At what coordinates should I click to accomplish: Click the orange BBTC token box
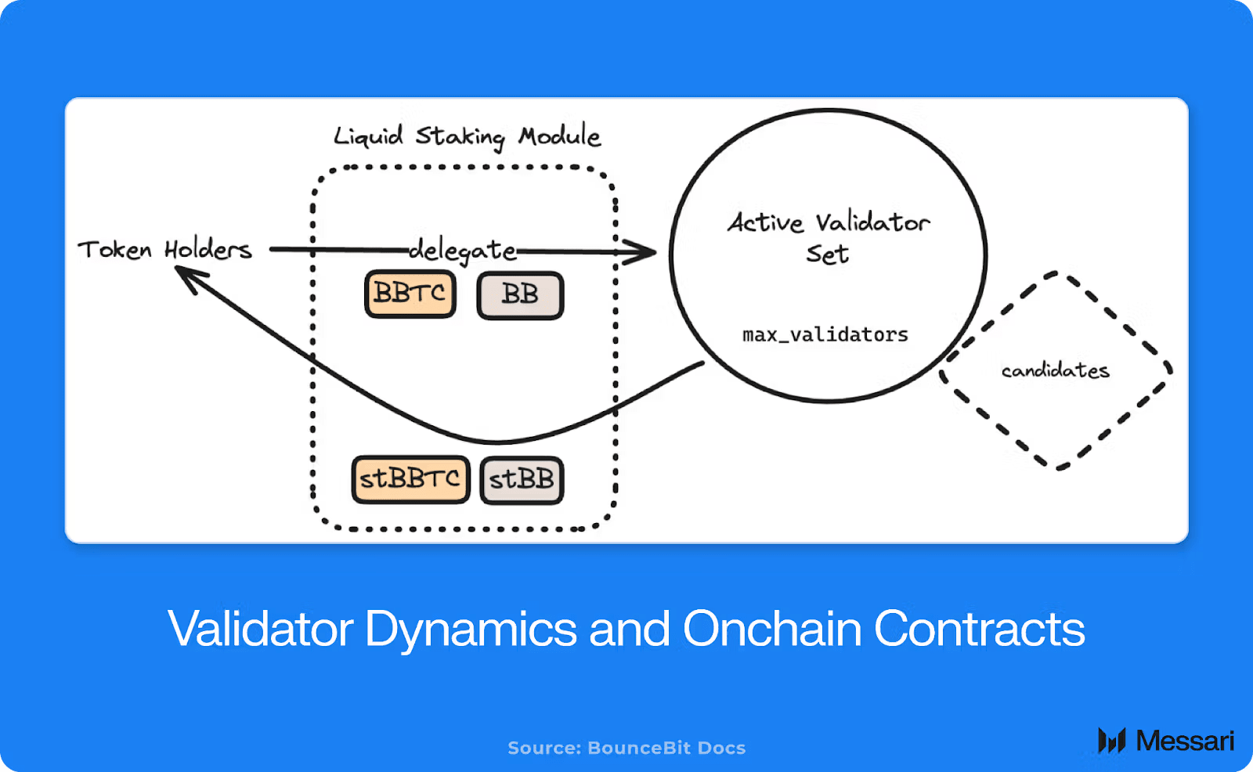coord(410,294)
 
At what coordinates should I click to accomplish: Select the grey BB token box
coord(520,295)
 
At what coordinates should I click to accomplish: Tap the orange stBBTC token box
coord(410,479)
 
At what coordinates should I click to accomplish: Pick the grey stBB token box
coord(522,479)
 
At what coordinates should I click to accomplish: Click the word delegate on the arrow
coord(463,251)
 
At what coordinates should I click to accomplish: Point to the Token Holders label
coord(164,250)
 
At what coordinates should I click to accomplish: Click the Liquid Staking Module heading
coord(467,137)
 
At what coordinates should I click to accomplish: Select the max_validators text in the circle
coord(825,335)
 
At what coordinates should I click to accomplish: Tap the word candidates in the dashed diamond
coord(1055,370)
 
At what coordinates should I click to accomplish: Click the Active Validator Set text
coord(829,237)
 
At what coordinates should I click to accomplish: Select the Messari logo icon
coord(1111,740)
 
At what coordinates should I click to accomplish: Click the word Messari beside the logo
coord(1185,741)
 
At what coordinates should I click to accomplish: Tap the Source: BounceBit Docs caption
coord(626,748)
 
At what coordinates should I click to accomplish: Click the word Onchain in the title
coord(771,629)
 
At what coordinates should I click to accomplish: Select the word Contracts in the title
coord(979,629)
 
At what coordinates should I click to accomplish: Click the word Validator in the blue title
coord(260,629)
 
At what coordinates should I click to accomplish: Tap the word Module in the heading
coord(559,136)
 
